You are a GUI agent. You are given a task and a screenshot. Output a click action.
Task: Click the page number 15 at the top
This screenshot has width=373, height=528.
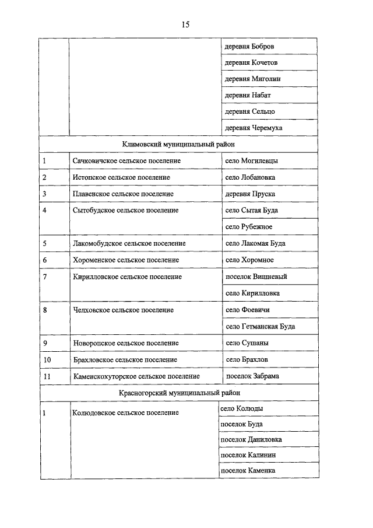click(x=186, y=25)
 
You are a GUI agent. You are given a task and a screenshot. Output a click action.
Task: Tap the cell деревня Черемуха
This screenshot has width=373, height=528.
click(x=254, y=127)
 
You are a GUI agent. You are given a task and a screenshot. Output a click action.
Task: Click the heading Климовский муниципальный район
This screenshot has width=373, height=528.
click(x=179, y=144)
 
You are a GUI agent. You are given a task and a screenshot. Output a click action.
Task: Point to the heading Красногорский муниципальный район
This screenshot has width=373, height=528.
click(x=178, y=393)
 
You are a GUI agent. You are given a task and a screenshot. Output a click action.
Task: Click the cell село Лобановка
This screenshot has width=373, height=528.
click(x=250, y=177)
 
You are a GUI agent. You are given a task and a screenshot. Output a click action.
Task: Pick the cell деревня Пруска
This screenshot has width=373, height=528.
click(x=250, y=194)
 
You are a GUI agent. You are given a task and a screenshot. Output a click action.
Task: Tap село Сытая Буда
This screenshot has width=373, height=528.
click(x=252, y=210)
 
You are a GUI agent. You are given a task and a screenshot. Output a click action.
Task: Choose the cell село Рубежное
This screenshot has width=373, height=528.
click(x=249, y=226)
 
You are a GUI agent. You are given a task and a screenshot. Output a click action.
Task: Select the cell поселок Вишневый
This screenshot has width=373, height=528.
click(x=256, y=277)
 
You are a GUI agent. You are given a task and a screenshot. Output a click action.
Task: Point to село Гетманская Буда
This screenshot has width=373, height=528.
click(x=260, y=326)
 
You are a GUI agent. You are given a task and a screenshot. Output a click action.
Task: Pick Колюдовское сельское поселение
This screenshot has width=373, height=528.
click(x=125, y=413)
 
